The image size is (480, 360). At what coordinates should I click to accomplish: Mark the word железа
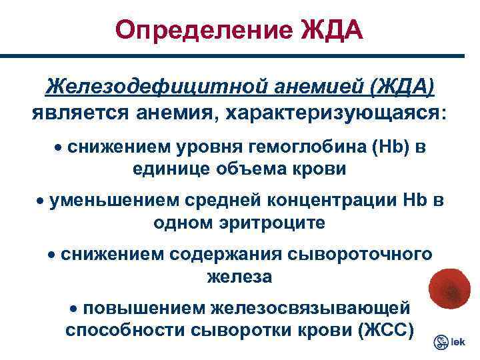click(239, 277)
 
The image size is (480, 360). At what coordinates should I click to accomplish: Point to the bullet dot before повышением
click(75, 309)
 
